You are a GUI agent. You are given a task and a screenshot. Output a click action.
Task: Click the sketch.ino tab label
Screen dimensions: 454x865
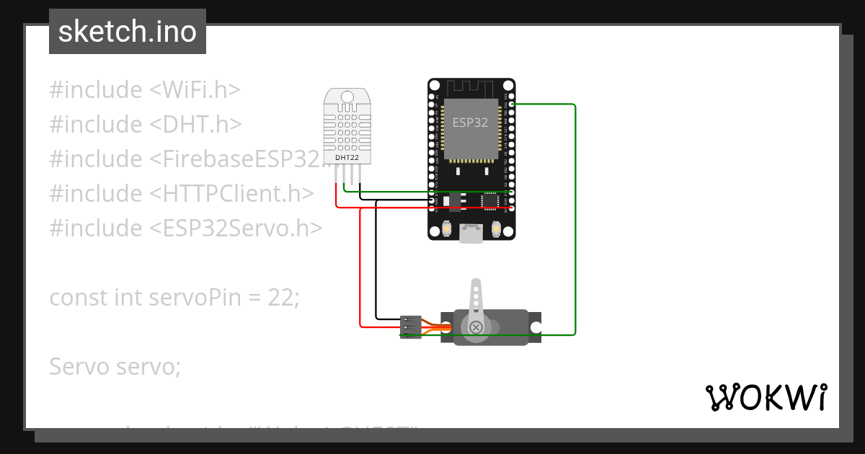(x=127, y=32)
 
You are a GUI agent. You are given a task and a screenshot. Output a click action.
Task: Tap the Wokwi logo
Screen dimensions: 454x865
(x=765, y=397)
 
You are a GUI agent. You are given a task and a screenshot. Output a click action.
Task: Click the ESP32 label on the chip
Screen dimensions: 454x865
(x=470, y=123)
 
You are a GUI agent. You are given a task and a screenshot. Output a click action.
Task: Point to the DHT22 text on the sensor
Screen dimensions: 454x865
(x=347, y=157)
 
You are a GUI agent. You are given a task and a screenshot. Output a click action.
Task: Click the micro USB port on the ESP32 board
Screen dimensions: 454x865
(x=471, y=233)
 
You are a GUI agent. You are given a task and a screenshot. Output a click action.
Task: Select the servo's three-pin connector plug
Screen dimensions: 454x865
(x=410, y=326)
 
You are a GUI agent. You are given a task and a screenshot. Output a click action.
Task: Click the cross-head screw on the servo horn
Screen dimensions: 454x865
(x=476, y=328)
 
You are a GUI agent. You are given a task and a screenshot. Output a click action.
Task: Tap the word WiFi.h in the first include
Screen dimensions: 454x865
(x=193, y=90)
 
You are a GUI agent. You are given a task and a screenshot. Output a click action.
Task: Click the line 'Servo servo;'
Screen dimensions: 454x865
(x=115, y=366)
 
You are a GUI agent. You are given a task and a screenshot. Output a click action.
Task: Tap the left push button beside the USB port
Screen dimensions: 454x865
(x=448, y=228)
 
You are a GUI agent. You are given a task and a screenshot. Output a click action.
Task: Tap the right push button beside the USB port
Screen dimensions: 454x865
(x=496, y=228)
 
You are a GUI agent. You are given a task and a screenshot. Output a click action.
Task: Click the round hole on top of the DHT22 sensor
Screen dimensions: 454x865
(x=347, y=96)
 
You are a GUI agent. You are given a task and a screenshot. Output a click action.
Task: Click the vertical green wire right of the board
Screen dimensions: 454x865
(x=575, y=216)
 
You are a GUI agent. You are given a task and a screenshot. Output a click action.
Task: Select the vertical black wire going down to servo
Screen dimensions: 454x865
(x=376, y=259)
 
